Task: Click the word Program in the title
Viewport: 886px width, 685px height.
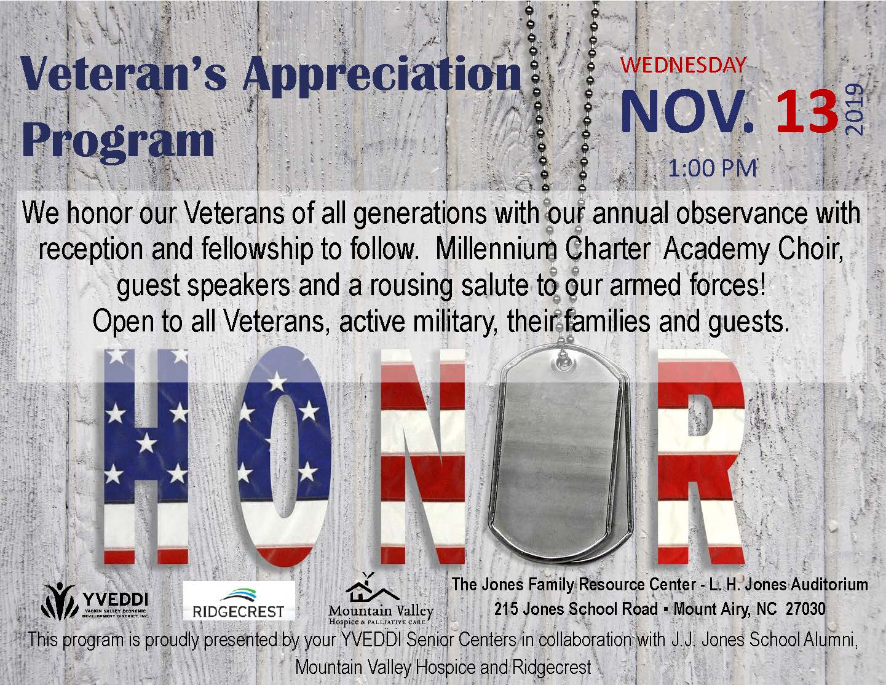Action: pyautogui.click(x=118, y=141)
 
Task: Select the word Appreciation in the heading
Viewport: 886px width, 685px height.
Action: pyautogui.click(x=381, y=77)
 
